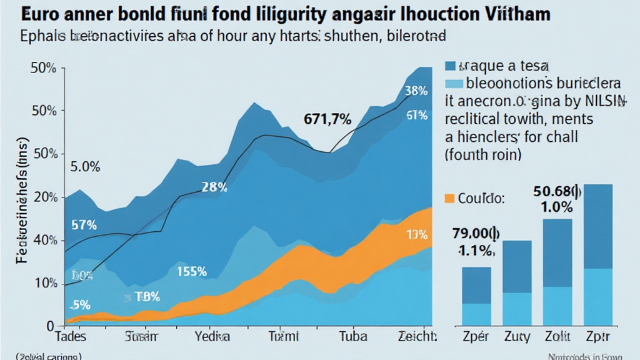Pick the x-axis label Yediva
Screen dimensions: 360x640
(x=212, y=337)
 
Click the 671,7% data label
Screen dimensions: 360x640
(x=327, y=118)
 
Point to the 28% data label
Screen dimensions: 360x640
(x=214, y=186)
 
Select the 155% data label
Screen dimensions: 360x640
(x=191, y=271)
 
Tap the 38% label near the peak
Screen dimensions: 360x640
(x=416, y=91)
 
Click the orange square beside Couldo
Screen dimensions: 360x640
(x=449, y=199)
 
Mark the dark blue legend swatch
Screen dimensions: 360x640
(x=452, y=66)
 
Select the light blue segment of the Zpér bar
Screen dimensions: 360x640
(x=476, y=314)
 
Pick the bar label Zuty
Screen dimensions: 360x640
(x=516, y=337)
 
